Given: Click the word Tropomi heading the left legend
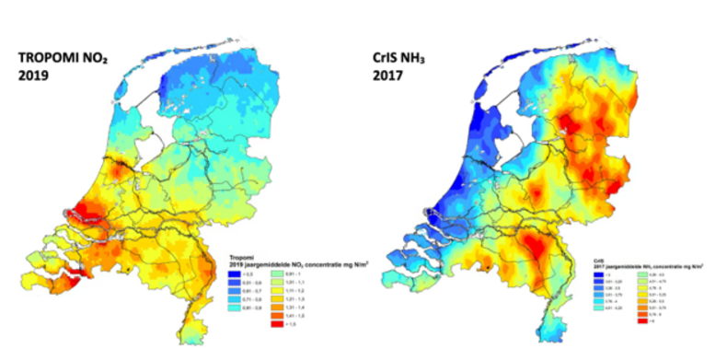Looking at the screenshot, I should pyautogui.click(x=241, y=257).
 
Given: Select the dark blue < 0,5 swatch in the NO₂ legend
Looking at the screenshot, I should pyautogui.click(x=234, y=273).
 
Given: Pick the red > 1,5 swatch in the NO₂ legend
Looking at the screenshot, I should pyautogui.click(x=277, y=324).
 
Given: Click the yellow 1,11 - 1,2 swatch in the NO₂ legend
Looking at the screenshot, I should pyautogui.click(x=277, y=291).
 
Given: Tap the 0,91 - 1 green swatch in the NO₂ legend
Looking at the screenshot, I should pyautogui.click(x=277, y=273).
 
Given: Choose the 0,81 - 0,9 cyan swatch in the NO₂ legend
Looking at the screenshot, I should pyautogui.click(x=234, y=308).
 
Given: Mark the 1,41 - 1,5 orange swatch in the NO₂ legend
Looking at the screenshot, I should pyautogui.click(x=277, y=316).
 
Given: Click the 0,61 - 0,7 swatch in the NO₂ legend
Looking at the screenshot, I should pyautogui.click(x=234, y=291).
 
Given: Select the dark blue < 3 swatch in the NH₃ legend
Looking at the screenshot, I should pyautogui.click(x=598, y=274).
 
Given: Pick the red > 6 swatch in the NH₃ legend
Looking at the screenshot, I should pyautogui.click(x=642, y=321).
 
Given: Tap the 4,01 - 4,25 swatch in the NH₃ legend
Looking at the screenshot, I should pyautogui.click(x=598, y=308).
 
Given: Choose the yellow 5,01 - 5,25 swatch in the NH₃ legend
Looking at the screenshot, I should pyautogui.click(x=642, y=295).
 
